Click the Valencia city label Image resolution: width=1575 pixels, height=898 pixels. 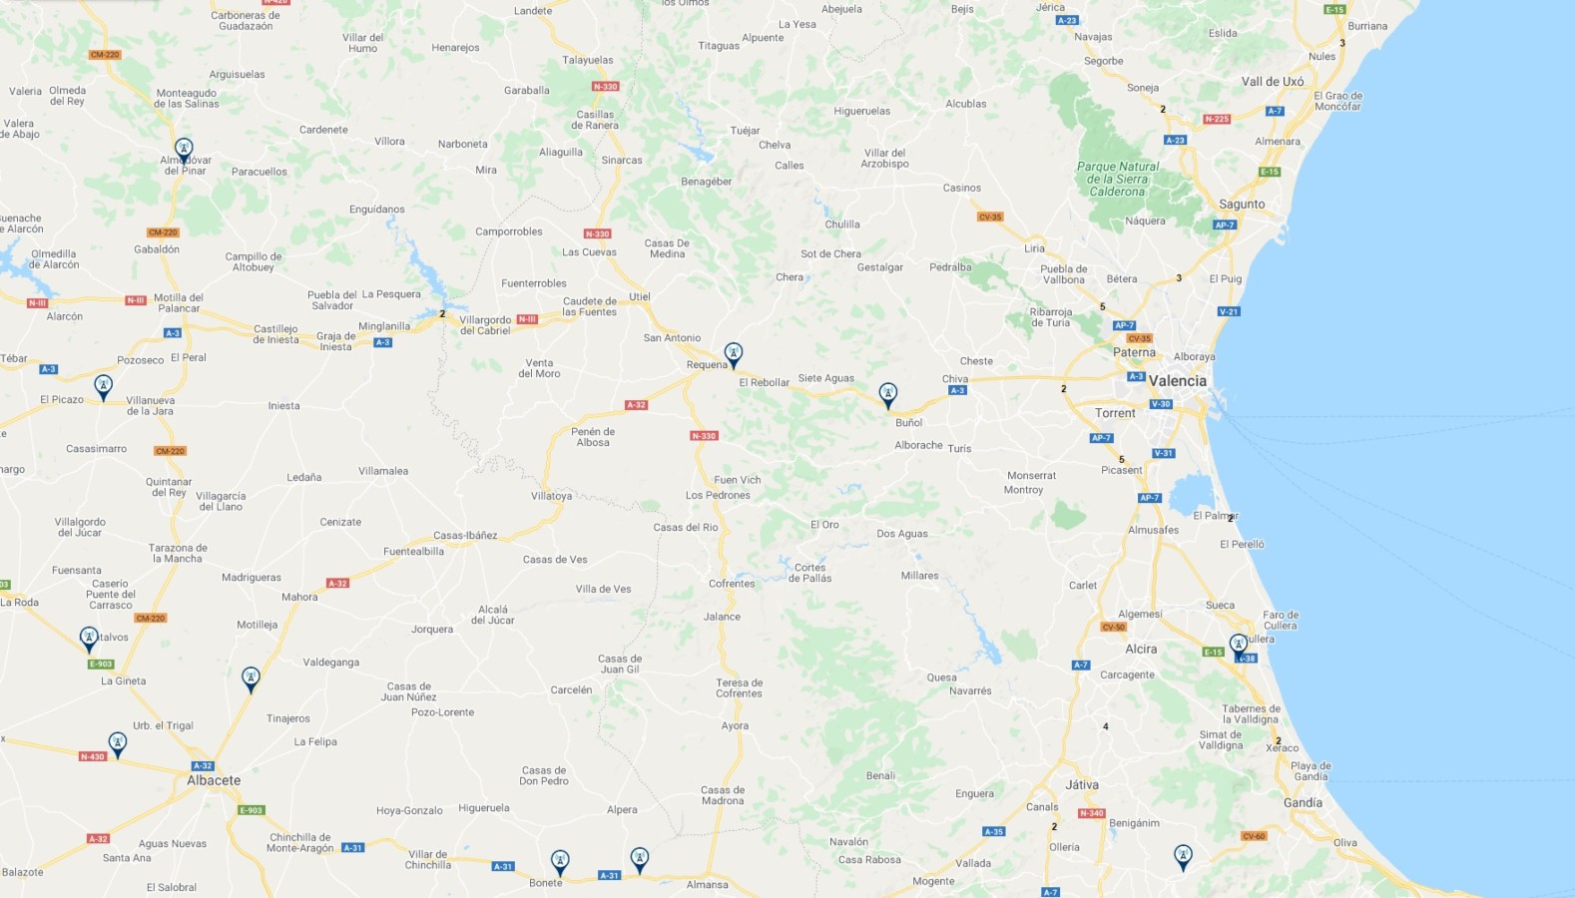[x=1177, y=381]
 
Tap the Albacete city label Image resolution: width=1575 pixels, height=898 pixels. [x=214, y=780]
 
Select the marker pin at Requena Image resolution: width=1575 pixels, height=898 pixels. [x=734, y=354]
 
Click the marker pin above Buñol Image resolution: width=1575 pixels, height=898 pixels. [x=887, y=395]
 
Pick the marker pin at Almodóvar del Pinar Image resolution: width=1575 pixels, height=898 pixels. [x=184, y=150]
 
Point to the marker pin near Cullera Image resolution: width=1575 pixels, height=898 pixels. [x=1239, y=646]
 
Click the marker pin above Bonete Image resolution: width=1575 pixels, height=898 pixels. [x=560, y=862]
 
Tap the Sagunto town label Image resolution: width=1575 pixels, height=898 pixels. [x=1242, y=205]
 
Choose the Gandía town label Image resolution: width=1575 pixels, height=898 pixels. [x=1303, y=802]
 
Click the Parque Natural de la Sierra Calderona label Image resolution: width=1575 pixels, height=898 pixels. [x=1118, y=180]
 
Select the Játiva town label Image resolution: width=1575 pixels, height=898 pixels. [x=1082, y=785]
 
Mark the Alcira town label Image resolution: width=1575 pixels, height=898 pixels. [x=1141, y=649]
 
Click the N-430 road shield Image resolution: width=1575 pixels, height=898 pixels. [x=92, y=756]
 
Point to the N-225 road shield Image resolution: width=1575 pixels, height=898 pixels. [x=1216, y=119]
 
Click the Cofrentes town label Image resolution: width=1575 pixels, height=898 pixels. [x=732, y=584]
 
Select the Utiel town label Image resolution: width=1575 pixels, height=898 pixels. [x=640, y=296]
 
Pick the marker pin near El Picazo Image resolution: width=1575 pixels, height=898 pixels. [x=103, y=386]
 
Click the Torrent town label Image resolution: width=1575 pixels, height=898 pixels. [x=1115, y=413]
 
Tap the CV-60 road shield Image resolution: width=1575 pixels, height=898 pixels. [x=1254, y=836]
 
